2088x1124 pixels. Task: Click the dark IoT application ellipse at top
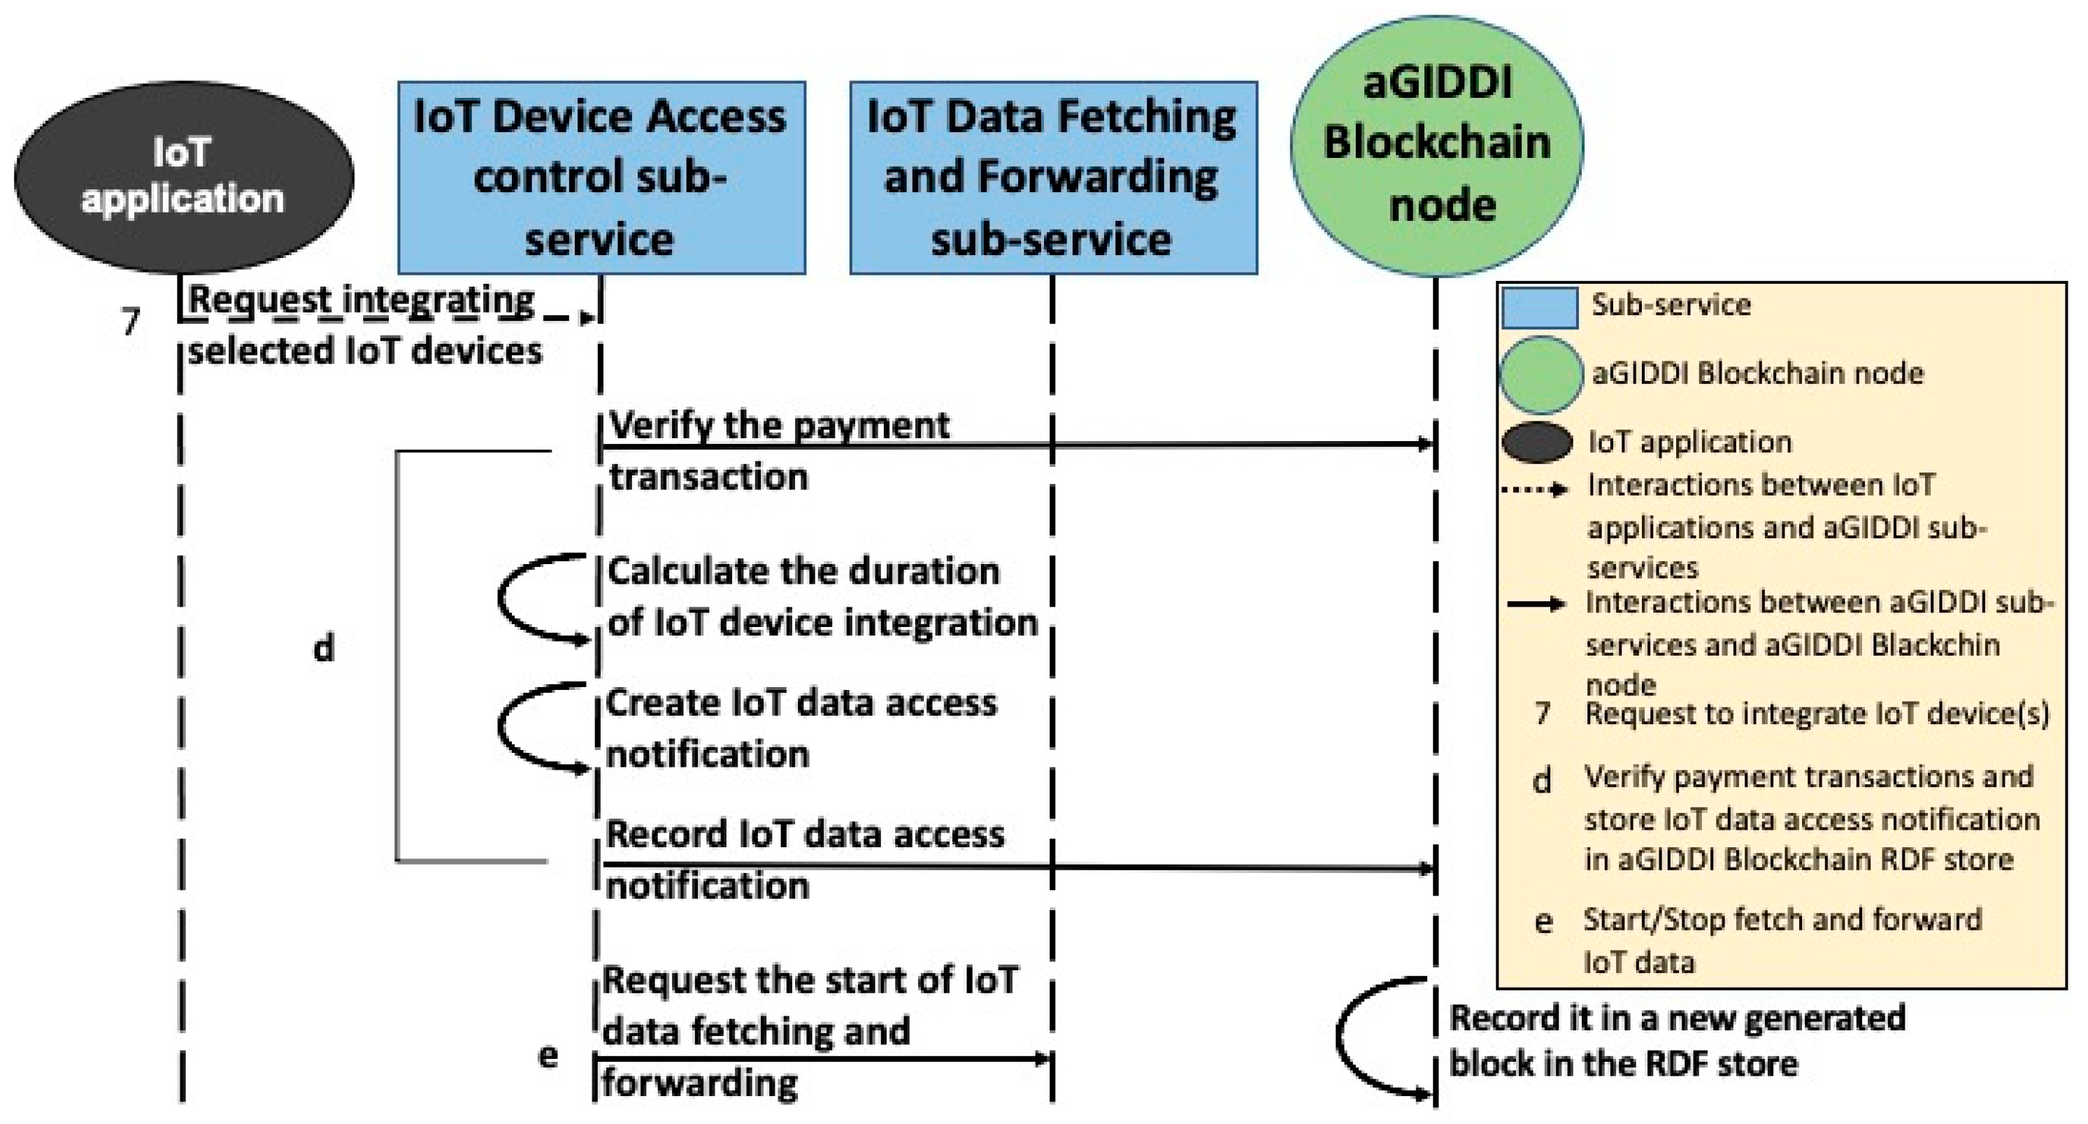184,177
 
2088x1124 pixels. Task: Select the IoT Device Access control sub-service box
601,177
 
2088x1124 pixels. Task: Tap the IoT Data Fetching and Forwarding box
1053,177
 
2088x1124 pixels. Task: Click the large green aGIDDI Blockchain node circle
1436,146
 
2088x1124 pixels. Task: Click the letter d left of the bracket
324,647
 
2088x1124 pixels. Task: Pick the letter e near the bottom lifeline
548,1054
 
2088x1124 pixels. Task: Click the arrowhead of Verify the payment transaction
1424,443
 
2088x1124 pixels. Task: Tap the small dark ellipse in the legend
1537,442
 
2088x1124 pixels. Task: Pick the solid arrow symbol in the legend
1534,604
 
